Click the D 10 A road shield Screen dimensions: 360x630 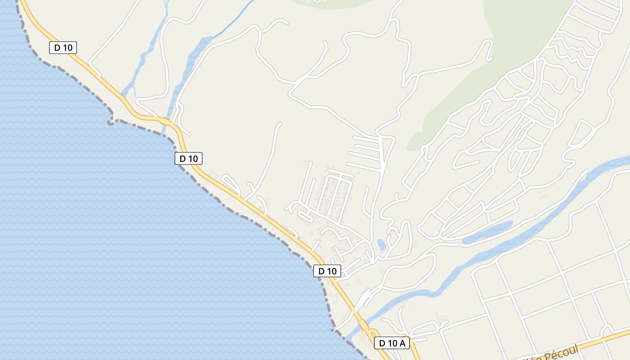pyautogui.click(x=392, y=343)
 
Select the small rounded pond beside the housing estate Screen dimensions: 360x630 pyautogui.click(x=382, y=244)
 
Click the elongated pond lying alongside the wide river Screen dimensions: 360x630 pyautogui.click(x=487, y=232)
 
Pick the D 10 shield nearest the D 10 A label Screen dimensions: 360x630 pyautogui.click(x=327, y=271)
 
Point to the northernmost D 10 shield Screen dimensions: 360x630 pyautogui.click(x=63, y=47)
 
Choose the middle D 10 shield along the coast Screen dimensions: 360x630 pyautogui.click(x=189, y=158)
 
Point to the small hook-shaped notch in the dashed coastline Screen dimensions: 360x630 pyautogui.click(x=110, y=122)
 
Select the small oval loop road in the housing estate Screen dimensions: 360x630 pyautogui.click(x=305, y=216)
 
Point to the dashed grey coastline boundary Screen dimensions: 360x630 pyautogui.click(x=252, y=220)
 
